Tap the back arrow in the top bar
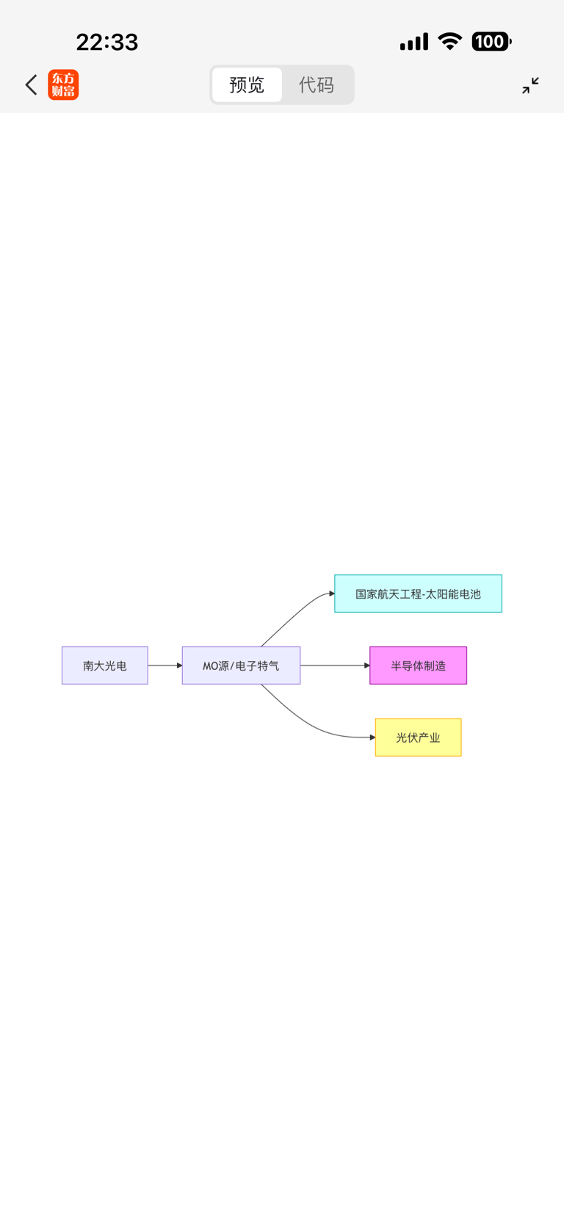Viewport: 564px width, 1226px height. point(31,85)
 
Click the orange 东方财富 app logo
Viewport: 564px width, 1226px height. point(63,85)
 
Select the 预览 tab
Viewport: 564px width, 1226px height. point(247,85)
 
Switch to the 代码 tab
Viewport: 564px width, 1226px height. point(317,85)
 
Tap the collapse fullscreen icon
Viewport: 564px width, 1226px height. point(530,85)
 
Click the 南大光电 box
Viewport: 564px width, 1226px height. point(105,666)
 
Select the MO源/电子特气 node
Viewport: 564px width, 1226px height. point(241,666)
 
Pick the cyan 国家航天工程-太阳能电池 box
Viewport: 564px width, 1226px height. point(418,594)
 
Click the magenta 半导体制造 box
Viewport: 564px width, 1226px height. point(418,666)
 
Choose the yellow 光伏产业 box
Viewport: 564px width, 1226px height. point(418,738)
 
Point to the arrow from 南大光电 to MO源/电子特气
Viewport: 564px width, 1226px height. point(164,666)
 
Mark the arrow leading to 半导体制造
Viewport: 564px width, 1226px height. point(334,666)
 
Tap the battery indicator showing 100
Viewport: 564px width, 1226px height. point(491,42)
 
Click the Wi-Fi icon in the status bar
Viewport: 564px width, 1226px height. point(449,42)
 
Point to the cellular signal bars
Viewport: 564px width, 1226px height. point(414,43)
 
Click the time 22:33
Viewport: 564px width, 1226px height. point(107,43)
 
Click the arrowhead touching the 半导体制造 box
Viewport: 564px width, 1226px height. point(367,666)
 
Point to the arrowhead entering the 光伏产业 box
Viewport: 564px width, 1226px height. point(372,737)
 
